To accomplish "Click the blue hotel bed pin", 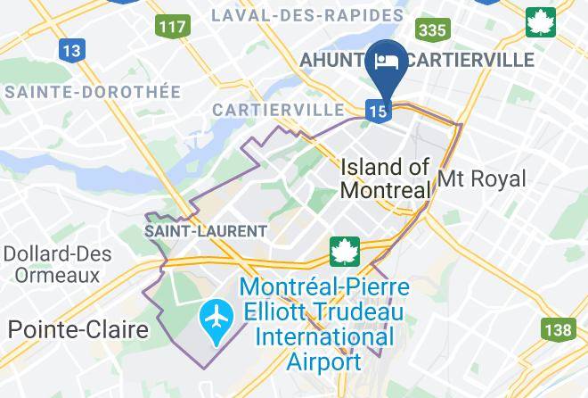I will click(387, 62).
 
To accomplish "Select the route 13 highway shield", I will click(70, 51).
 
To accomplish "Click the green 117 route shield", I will click(172, 26).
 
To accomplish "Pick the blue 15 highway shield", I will click(376, 110).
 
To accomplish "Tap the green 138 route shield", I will click(558, 330).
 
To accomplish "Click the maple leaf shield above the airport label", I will click(344, 252).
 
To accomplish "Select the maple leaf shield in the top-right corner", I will click(540, 22).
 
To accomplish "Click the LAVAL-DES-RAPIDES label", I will click(307, 15).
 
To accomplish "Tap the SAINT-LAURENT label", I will click(206, 231).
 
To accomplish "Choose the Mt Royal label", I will click(481, 179).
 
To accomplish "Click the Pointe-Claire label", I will click(78, 329).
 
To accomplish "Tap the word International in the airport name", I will click(324, 338).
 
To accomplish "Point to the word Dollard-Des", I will click(58, 253).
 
